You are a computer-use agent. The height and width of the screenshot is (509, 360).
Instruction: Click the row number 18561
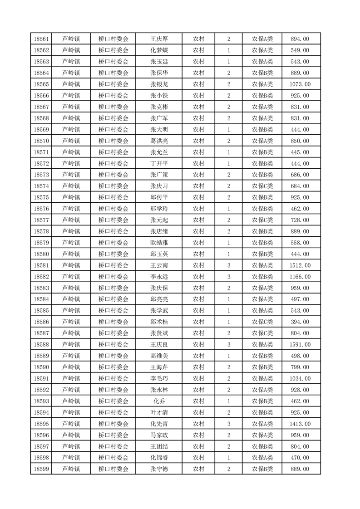[x=41, y=39]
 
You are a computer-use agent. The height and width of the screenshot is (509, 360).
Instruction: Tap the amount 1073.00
[x=300, y=84]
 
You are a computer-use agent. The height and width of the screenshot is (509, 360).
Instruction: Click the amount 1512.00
[x=300, y=265]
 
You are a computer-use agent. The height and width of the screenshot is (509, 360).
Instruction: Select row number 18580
[x=41, y=254]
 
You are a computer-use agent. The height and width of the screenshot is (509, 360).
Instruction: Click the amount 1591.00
[x=300, y=345]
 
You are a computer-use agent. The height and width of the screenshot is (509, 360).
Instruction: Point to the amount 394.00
[x=300, y=322]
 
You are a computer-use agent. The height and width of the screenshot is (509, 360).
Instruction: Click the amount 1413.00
[x=300, y=424]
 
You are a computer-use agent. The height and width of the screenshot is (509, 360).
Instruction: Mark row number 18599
[x=41, y=469]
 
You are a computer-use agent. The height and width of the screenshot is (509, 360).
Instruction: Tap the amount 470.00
[x=300, y=458]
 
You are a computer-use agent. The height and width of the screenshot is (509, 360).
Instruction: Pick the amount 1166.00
[x=300, y=277]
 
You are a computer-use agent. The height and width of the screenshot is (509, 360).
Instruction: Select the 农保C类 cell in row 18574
[x=262, y=186]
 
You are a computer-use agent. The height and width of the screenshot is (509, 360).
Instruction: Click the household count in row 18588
[x=228, y=345]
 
